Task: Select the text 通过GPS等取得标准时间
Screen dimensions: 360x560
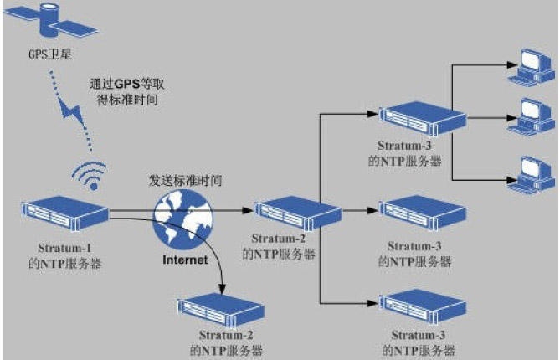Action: pos(123,92)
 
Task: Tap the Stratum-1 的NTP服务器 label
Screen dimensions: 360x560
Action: pos(62,255)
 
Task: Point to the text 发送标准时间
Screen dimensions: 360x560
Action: pos(185,180)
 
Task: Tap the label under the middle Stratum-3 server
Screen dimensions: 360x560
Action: pos(415,254)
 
